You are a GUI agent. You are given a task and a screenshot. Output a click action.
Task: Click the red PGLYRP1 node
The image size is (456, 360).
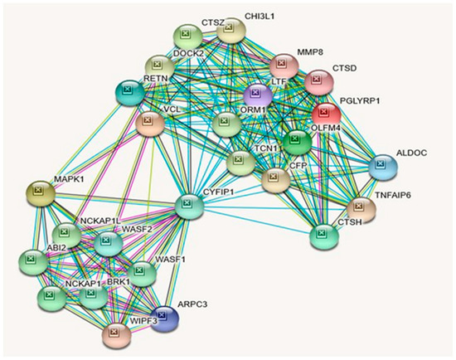pos(326,114)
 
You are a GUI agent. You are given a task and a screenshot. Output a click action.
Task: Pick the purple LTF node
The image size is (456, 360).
pos(258,96)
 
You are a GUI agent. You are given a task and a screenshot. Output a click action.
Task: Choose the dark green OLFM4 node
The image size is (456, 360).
pos(295,144)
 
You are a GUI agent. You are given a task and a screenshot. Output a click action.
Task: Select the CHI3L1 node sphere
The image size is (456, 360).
pos(230,31)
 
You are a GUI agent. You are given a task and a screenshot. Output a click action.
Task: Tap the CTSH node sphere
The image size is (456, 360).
pos(323,237)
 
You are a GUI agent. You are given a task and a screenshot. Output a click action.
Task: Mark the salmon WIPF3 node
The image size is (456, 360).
pos(116,334)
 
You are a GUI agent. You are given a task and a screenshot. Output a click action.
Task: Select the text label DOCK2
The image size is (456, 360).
pos(189,54)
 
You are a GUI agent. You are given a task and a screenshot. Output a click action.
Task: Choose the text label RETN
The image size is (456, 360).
pos(158,79)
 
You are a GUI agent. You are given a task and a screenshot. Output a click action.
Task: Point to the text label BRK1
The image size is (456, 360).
pos(119,283)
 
